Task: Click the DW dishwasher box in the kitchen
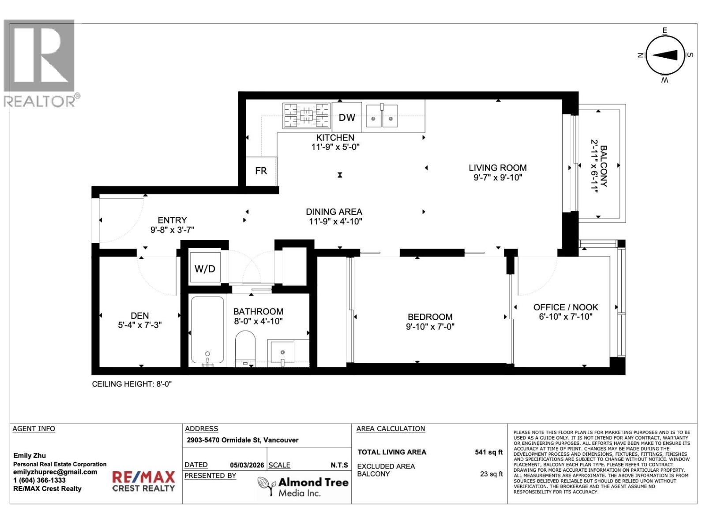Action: pos(347,117)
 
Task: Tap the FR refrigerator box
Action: pos(261,171)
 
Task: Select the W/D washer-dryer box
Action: pos(205,268)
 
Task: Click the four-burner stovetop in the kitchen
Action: pos(306,115)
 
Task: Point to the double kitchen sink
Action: pos(382,116)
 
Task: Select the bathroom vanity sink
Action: pos(282,352)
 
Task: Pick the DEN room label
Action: pos(139,316)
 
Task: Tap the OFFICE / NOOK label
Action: pos(566,307)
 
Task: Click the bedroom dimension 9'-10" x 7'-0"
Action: pos(430,327)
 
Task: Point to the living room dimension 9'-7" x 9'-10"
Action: pos(497,178)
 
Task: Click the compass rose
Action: pos(665,55)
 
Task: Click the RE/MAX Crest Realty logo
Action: pos(143,481)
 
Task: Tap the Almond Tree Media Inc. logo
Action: pos(303,487)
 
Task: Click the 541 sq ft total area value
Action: pos(488,452)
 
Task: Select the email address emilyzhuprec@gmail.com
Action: pos(55,472)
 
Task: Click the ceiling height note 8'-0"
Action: pos(131,384)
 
